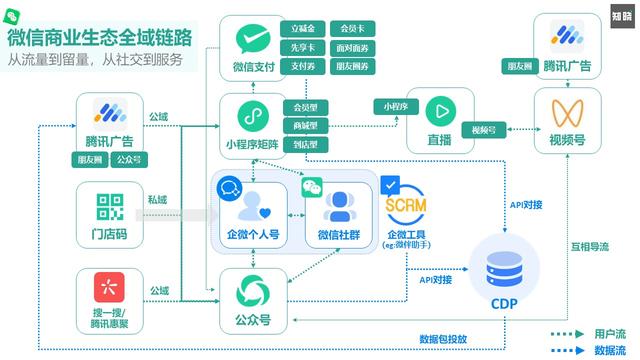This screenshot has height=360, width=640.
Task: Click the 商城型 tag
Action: pos(305,125)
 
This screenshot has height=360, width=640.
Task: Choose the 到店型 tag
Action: pos(305,143)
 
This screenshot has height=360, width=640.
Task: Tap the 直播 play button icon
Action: pos(439,109)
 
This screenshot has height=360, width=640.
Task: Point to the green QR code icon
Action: pos(109,208)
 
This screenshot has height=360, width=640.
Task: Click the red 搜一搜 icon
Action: pos(109,290)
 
